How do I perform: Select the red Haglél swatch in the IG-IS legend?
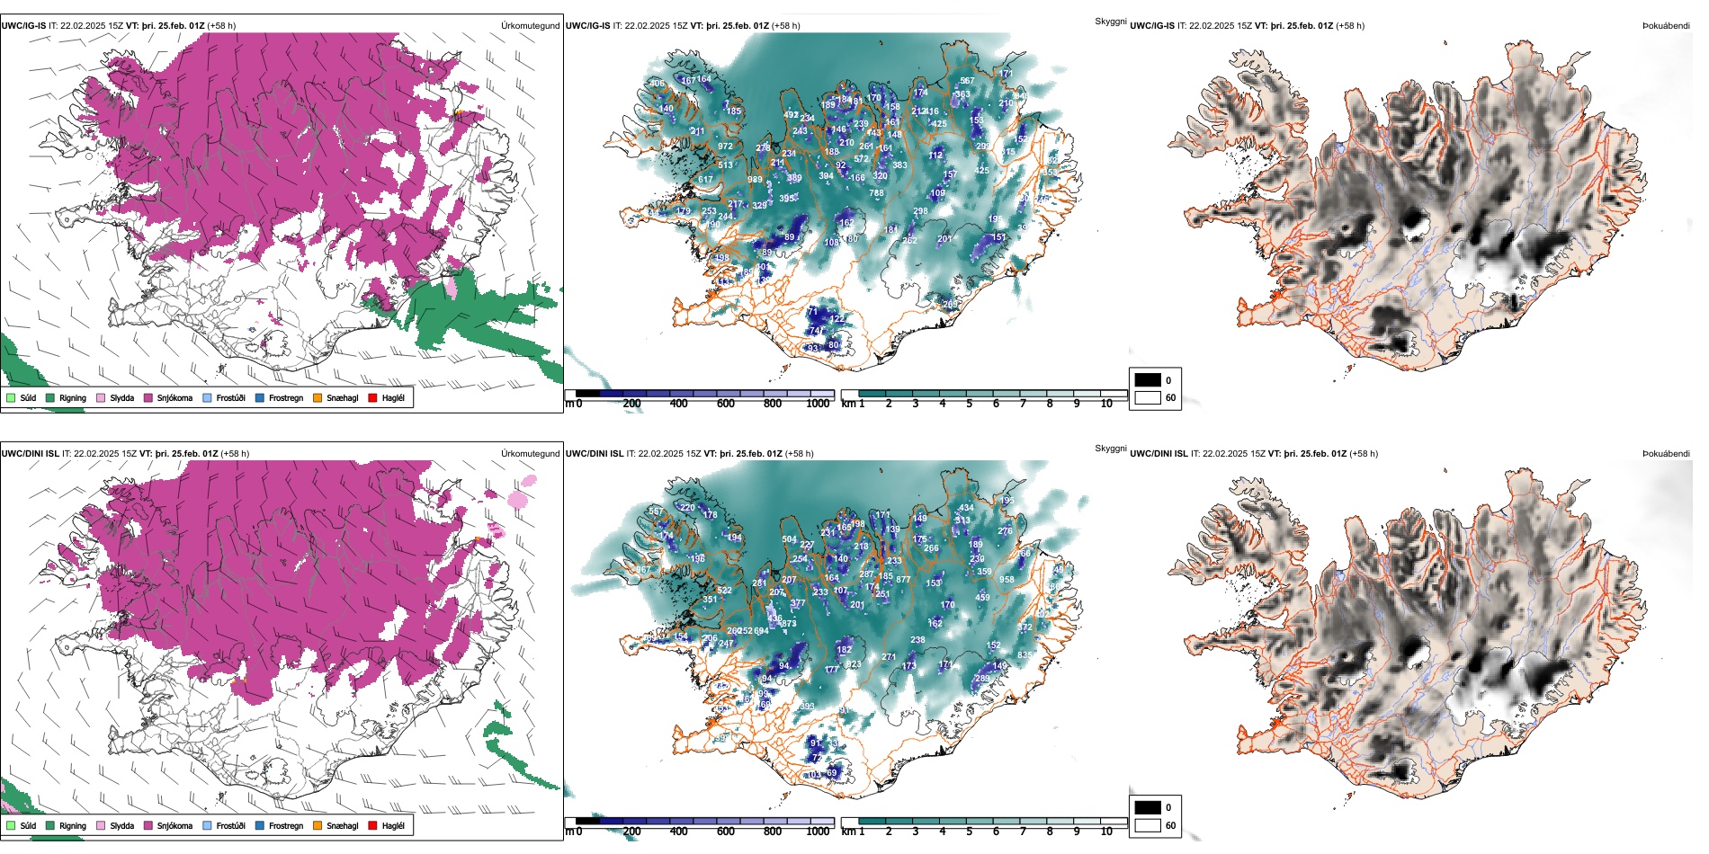tap(373, 397)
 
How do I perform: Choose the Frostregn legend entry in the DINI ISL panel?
tap(285, 825)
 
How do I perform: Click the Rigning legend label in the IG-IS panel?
tap(73, 397)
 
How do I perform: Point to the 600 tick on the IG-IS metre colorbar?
tap(725, 404)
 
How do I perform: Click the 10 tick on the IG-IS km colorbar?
tap(1106, 404)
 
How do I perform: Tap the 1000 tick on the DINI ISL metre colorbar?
tap(818, 832)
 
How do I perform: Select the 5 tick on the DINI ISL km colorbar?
tap(970, 832)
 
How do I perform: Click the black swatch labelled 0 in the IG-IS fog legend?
tap(1148, 380)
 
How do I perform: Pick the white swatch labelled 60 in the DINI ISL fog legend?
tap(1148, 825)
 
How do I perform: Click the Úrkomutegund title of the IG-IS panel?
tap(530, 26)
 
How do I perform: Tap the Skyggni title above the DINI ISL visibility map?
tap(1110, 448)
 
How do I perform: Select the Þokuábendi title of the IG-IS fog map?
tap(1666, 26)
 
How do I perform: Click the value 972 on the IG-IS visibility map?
tap(725, 146)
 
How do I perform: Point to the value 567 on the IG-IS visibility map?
tap(967, 81)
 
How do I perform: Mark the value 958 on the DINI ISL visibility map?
tap(1007, 580)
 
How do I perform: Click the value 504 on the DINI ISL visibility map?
tap(790, 540)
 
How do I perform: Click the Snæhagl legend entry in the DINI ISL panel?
tap(342, 825)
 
